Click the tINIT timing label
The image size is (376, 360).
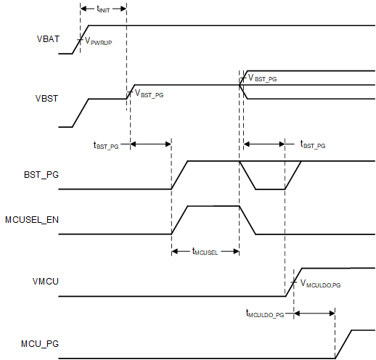click(103, 9)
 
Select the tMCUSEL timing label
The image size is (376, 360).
click(205, 252)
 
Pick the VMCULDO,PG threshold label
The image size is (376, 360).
click(320, 285)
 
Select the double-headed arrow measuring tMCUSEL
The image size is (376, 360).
click(205, 243)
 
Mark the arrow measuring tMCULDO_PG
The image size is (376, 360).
click(314, 314)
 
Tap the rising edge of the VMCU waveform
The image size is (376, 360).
click(293, 282)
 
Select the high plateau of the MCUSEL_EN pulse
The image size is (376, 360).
click(213, 207)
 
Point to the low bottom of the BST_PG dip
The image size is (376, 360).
click(270, 189)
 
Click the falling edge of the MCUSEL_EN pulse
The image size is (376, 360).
click(247, 221)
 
